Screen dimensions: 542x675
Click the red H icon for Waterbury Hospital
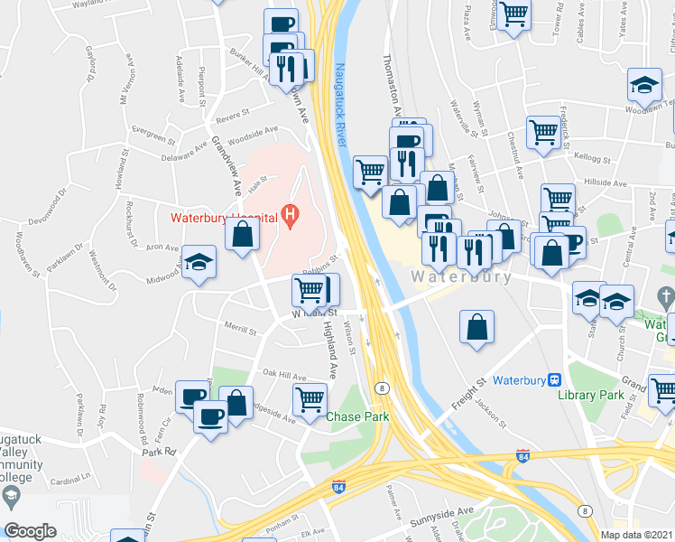coord(290,215)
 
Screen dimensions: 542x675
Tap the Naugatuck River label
coord(341,106)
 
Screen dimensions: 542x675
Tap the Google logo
coord(31,530)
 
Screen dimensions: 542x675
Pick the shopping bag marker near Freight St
coord(476,327)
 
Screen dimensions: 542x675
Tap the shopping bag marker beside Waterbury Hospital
coord(242,236)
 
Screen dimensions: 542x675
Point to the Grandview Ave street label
coord(224,163)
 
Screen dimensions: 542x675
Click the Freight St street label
coord(469,394)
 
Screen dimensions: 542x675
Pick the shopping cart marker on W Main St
coord(309,291)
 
